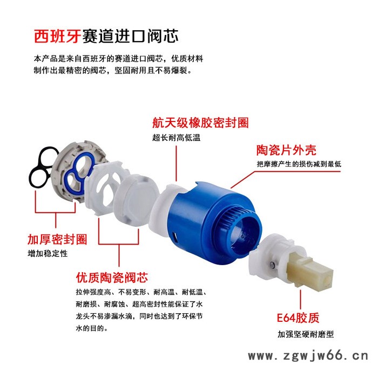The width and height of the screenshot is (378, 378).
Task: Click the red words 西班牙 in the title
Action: tap(57, 37)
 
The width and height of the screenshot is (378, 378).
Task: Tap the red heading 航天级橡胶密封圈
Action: tap(200, 123)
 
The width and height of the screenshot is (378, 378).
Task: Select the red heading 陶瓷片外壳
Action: tap(286, 150)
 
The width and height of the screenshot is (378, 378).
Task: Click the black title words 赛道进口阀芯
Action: tap(130, 37)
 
